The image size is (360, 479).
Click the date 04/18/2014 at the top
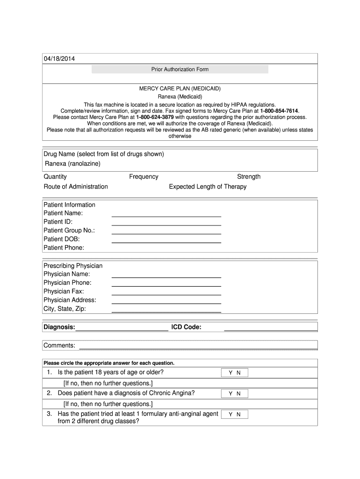click(59, 58)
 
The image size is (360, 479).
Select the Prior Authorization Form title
click(180, 69)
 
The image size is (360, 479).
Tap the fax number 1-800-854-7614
click(279, 111)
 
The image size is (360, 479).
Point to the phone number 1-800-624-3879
click(155, 117)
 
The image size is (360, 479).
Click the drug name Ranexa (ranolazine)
click(72, 163)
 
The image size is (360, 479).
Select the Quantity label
click(55, 176)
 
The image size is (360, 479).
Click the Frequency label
click(144, 176)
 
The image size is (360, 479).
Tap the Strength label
click(249, 176)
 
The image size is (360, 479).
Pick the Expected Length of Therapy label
click(208, 187)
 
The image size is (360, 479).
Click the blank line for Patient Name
click(166, 216)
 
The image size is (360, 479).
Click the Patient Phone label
click(64, 247)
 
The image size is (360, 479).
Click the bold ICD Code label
click(186, 327)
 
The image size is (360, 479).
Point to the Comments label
click(59, 345)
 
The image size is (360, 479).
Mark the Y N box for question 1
click(234, 373)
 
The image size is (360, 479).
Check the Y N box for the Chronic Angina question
click(234, 394)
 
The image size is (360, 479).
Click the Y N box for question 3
click(234, 414)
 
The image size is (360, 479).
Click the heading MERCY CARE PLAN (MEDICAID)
click(180, 88)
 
